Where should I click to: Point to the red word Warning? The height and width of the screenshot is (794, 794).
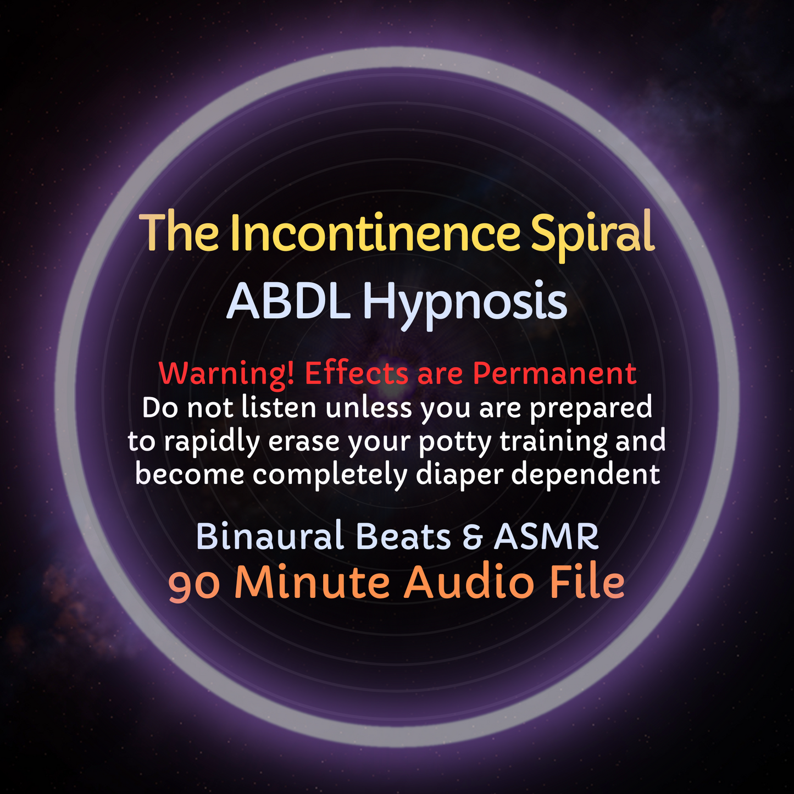(228, 374)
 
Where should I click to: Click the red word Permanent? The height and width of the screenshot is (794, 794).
(554, 374)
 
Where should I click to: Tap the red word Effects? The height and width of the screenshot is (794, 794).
(357, 374)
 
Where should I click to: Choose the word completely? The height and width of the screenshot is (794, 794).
(330, 475)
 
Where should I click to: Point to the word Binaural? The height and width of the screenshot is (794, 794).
(269, 536)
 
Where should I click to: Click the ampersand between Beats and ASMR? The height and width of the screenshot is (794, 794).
(472, 537)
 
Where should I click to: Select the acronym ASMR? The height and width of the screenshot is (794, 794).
(546, 536)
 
